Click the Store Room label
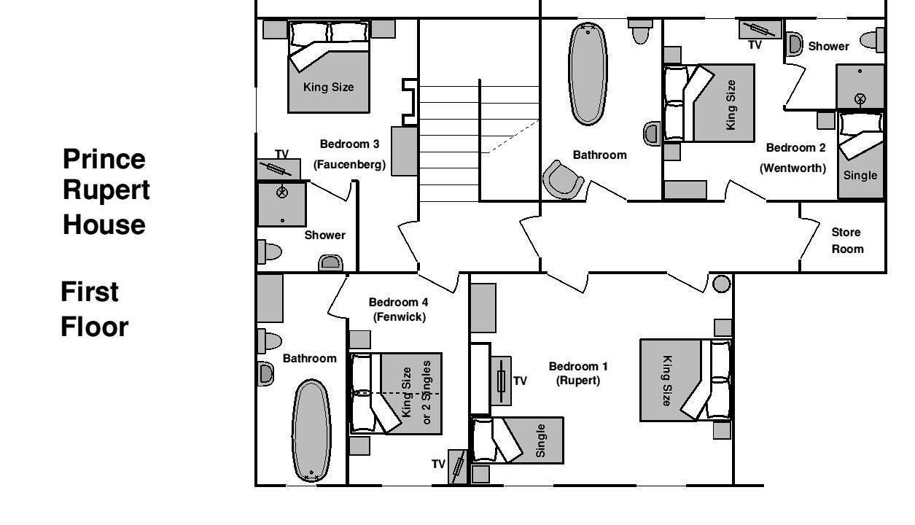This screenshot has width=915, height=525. coord(848,241)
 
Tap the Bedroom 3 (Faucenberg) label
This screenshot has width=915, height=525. coord(350,155)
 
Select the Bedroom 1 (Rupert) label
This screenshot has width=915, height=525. coord(578,373)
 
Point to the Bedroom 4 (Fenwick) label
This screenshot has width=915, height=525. coord(399,310)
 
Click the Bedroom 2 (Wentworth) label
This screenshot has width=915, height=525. coord(793,157)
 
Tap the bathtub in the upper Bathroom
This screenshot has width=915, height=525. coord(588,74)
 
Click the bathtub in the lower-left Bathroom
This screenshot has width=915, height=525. coord(311,431)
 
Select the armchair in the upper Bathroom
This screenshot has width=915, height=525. coord(563,180)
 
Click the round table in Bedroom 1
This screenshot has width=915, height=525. coord(721,284)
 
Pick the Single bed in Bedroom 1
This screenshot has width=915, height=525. coord(518,440)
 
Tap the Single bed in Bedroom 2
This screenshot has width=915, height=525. coord(860,155)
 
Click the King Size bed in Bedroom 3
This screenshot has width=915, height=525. coord(329,66)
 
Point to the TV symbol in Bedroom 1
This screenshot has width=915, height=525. coord(501,381)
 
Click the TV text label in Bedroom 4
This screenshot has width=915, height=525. coord(438,464)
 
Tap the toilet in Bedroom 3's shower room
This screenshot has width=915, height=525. coord(270,252)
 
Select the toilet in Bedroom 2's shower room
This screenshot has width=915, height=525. coord(872,40)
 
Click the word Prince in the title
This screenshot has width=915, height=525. coord(104,159)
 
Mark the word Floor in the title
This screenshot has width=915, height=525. coord(95,327)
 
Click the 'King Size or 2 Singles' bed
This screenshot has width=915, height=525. coord(396,394)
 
